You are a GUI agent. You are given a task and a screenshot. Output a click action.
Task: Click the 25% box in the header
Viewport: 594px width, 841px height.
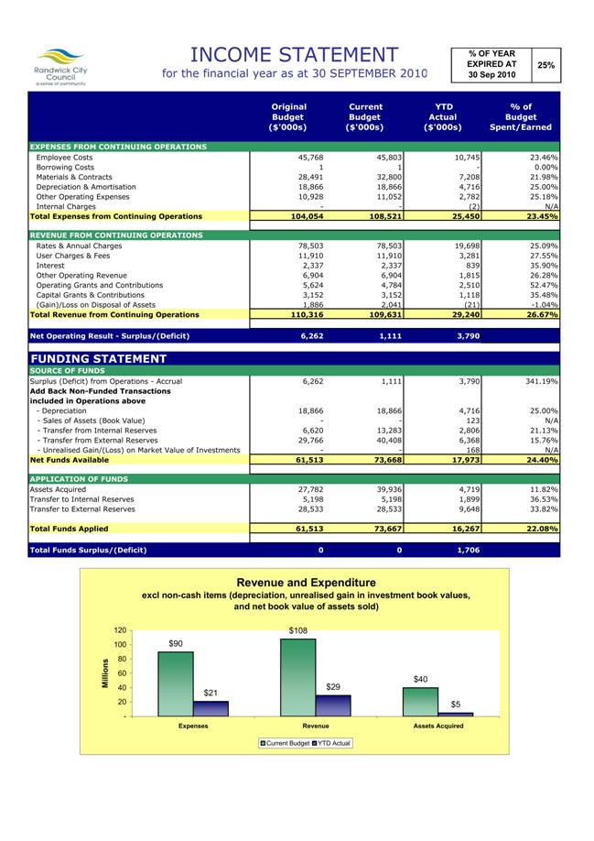point(545,65)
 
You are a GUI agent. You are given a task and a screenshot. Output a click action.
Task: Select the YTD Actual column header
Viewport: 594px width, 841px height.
point(443,117)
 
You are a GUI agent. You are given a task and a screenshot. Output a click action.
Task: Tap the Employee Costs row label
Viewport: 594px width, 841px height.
point(64,158)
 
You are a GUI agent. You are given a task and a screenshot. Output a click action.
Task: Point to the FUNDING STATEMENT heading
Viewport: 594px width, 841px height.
point(98,358)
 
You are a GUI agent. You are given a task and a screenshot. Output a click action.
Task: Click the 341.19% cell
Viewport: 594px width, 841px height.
point(538,380)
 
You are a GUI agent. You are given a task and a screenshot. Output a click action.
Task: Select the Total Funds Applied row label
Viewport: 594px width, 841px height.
point(69,529)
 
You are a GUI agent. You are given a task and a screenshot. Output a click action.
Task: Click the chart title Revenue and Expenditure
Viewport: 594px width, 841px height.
point(306,583)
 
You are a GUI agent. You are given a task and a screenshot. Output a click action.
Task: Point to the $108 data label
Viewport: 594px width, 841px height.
point(298,631)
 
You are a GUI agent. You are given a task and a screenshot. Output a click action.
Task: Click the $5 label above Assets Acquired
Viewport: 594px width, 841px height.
point(456,704)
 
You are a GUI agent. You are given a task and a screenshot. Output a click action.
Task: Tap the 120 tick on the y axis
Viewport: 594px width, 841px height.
point(120,630)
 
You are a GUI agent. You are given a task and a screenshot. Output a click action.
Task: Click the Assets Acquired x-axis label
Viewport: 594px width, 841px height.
point(437,726)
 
